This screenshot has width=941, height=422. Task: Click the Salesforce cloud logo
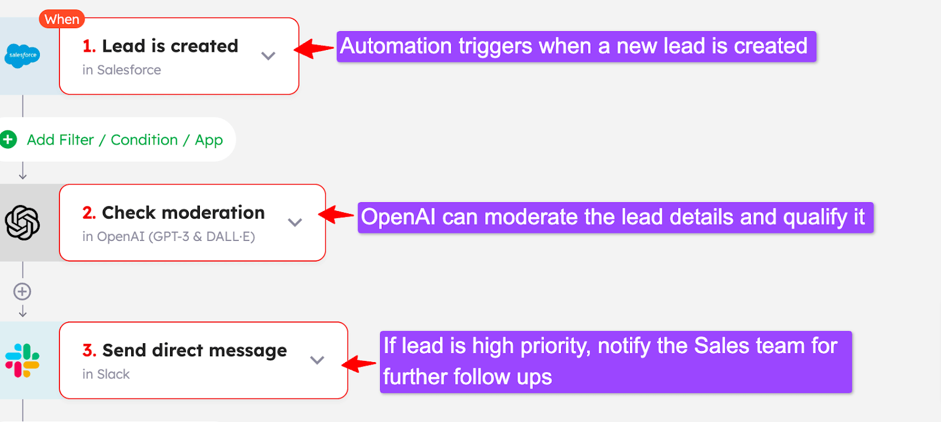(22, 55)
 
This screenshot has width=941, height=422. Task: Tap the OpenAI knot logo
(22, 223)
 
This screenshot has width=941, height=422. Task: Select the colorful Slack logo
(22, 360)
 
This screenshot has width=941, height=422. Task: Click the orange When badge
(62, 19)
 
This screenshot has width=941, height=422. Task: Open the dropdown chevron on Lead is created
(268, 56)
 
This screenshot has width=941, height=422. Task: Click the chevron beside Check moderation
(295, 222)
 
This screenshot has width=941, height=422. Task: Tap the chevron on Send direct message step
(317, 360)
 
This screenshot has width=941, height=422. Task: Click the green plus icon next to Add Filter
(8, 140)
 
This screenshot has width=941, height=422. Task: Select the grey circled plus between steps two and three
(22, 292)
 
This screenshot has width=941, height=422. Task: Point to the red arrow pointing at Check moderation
(337, 215)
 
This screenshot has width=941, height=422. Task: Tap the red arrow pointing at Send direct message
(359, 364)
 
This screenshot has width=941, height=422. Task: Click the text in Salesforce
(122, 70)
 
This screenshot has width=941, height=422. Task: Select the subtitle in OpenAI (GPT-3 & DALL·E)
(169, 237)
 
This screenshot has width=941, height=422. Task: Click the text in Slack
(106, 374)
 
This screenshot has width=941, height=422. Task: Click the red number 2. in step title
(89, 213)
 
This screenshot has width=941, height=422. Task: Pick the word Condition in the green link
(144, 140)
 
